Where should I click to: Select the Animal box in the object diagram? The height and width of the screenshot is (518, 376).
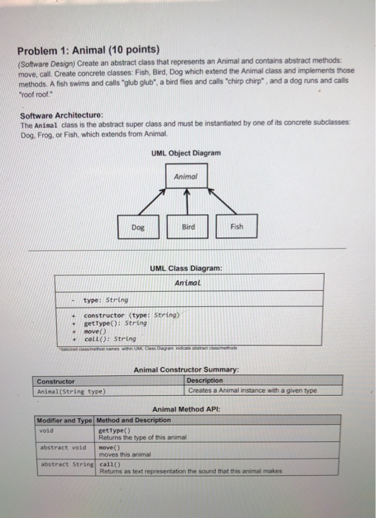coord(185,175)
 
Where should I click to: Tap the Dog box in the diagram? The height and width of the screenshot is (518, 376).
coord(138,227)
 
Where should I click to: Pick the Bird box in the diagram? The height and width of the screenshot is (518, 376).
coord(188,227)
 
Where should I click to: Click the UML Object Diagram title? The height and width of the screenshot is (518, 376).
coord(186,152)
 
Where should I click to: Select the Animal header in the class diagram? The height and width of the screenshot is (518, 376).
coord(188,282)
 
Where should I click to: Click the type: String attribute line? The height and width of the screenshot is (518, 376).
coord(106,300)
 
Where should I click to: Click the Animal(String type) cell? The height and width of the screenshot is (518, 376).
coord(71,391)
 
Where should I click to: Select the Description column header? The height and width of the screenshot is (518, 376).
coord(204,381)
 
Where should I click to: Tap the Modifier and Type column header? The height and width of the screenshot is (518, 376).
coord(66,420)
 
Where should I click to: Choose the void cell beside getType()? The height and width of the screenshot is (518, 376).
coord(46,428)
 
